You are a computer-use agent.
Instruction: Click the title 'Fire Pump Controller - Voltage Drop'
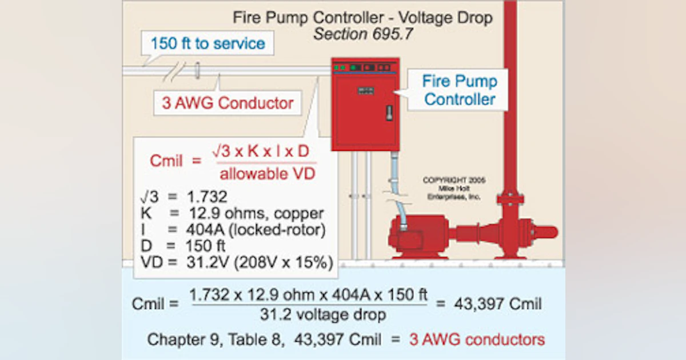tap(362, 17)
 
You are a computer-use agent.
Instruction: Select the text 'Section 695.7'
tap(362, 34)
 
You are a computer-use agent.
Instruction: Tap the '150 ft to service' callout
tap(208, 43)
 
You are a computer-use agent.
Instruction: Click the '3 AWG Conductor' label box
tap(228, 103)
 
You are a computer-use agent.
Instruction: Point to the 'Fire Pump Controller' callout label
tap(460, 90)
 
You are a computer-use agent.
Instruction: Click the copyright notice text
tap(454, 188)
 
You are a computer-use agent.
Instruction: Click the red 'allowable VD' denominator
tap(268, 174)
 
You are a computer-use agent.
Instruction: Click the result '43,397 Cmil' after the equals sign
tap(498, 304)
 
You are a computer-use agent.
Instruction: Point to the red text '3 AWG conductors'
tap(477, 339)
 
